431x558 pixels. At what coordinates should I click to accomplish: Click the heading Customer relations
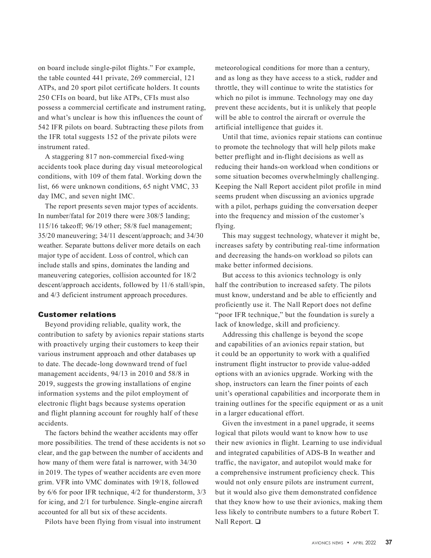(x=77, y=315)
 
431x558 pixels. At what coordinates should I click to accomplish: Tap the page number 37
(x=389, y=543)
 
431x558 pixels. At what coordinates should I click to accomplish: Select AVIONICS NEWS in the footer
(x=327, y=543)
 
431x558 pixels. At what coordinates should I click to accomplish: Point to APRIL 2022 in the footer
(x=365, y=543)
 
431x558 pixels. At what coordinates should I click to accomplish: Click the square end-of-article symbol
(x=258, y=522)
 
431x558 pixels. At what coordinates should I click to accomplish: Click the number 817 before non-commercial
(x=92, y=157)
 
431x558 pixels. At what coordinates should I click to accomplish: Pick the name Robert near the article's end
(x=362, y=512)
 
